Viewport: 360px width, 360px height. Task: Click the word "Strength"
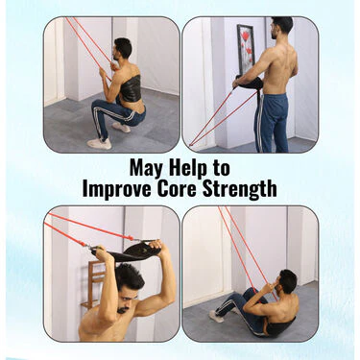[239, 189]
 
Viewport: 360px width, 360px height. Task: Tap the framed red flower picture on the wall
[246, 49]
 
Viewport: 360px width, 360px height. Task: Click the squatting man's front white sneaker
[100, 143]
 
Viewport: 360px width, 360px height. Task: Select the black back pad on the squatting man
[131, 87]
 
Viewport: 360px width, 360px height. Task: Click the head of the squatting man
[122, 49]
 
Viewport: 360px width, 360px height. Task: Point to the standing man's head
[281, 27]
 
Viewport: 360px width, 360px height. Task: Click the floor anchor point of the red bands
[190, 145]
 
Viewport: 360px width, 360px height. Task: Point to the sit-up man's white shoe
[216, 316]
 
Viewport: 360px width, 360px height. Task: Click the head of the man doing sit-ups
[285, 282]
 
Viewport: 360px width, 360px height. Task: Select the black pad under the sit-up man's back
[280, 327]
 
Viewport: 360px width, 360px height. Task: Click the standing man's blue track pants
[272, 123]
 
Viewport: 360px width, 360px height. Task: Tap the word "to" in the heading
[221, 168]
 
